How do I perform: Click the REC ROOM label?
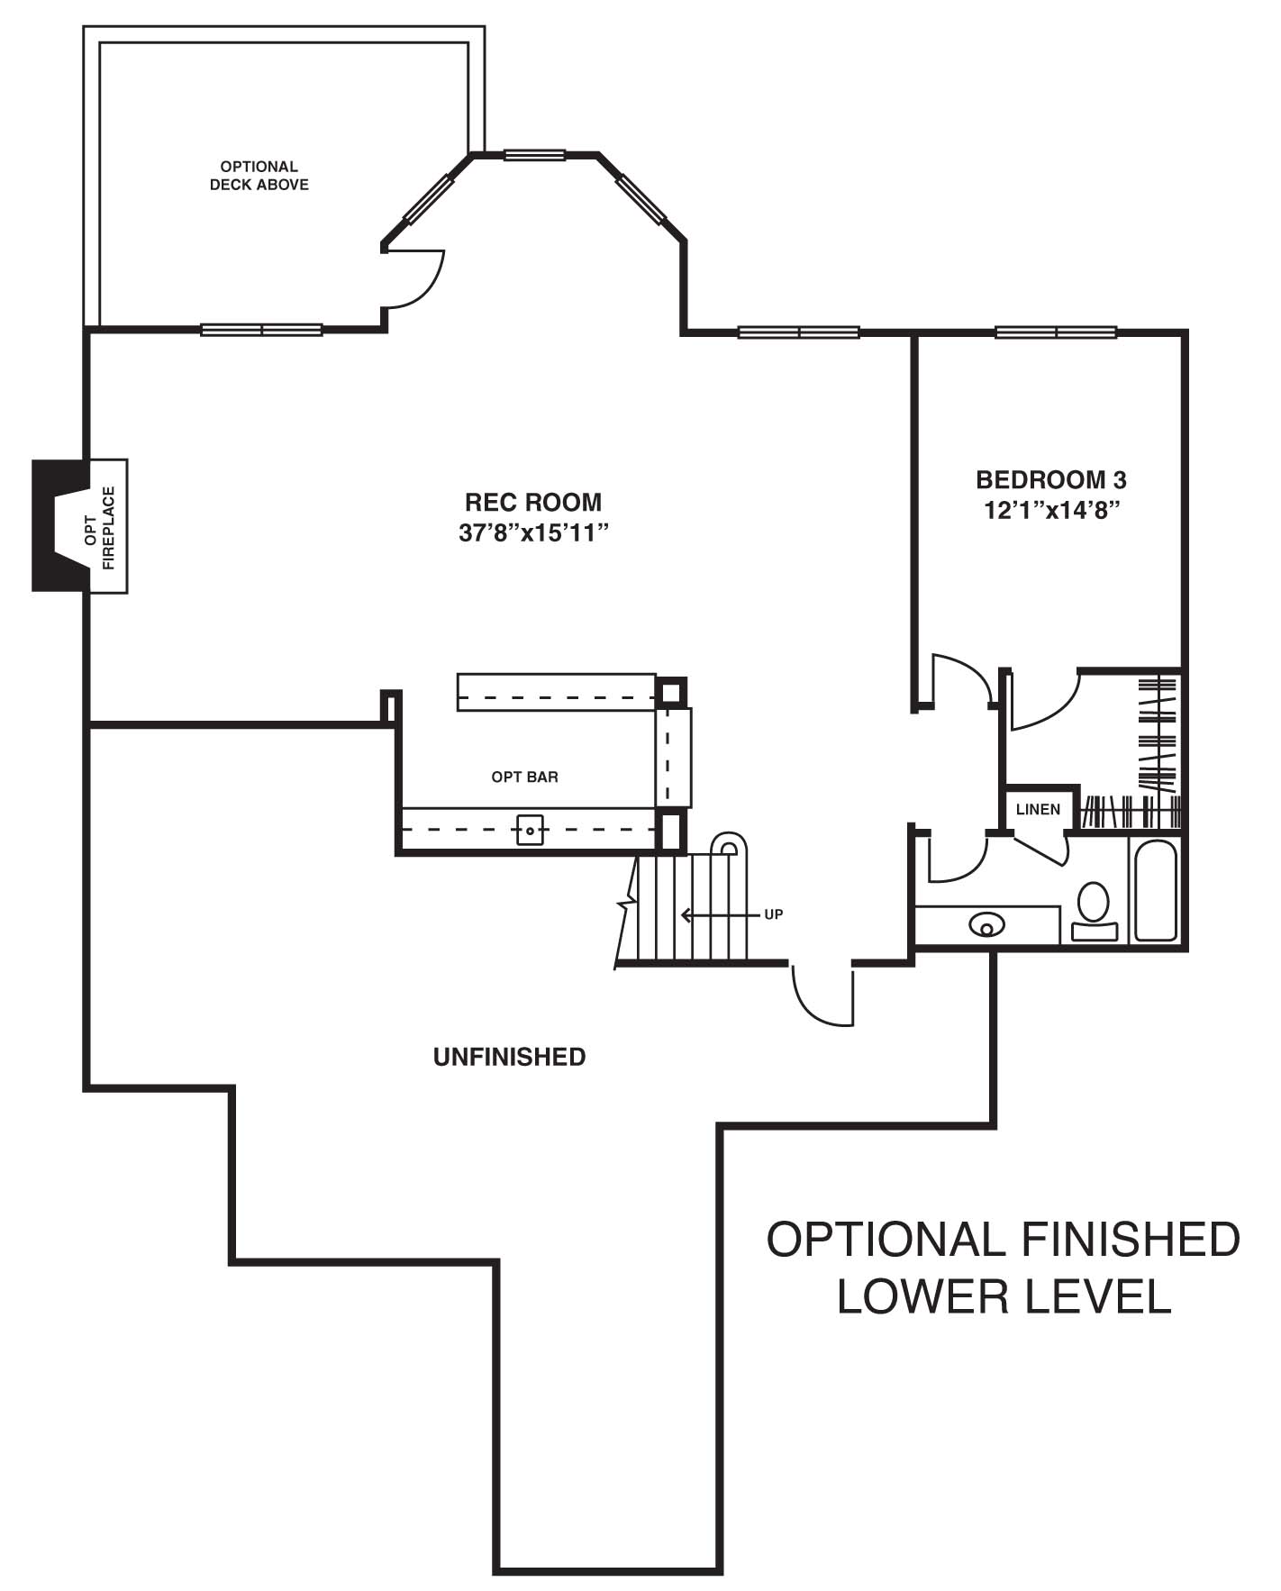(x=532, y=502)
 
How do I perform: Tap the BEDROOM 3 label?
(x=1051, y=479)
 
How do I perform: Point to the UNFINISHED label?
(x=509, y=1057)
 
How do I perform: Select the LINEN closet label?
(x=1038, y=809)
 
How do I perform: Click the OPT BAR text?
(x=524, y=777)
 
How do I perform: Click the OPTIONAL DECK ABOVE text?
(x=259, y=176)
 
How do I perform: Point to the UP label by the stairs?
(x=774, y=914)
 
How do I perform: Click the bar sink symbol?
(x=530, y=829)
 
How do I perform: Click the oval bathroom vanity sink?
(x=987, y=924)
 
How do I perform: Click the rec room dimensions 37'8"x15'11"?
(x=534, y=532)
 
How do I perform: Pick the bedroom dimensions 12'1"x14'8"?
(x=1051, y=510)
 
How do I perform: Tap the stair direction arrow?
(x=720, y=915)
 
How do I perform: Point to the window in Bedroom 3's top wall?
(x=1056, y=332)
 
